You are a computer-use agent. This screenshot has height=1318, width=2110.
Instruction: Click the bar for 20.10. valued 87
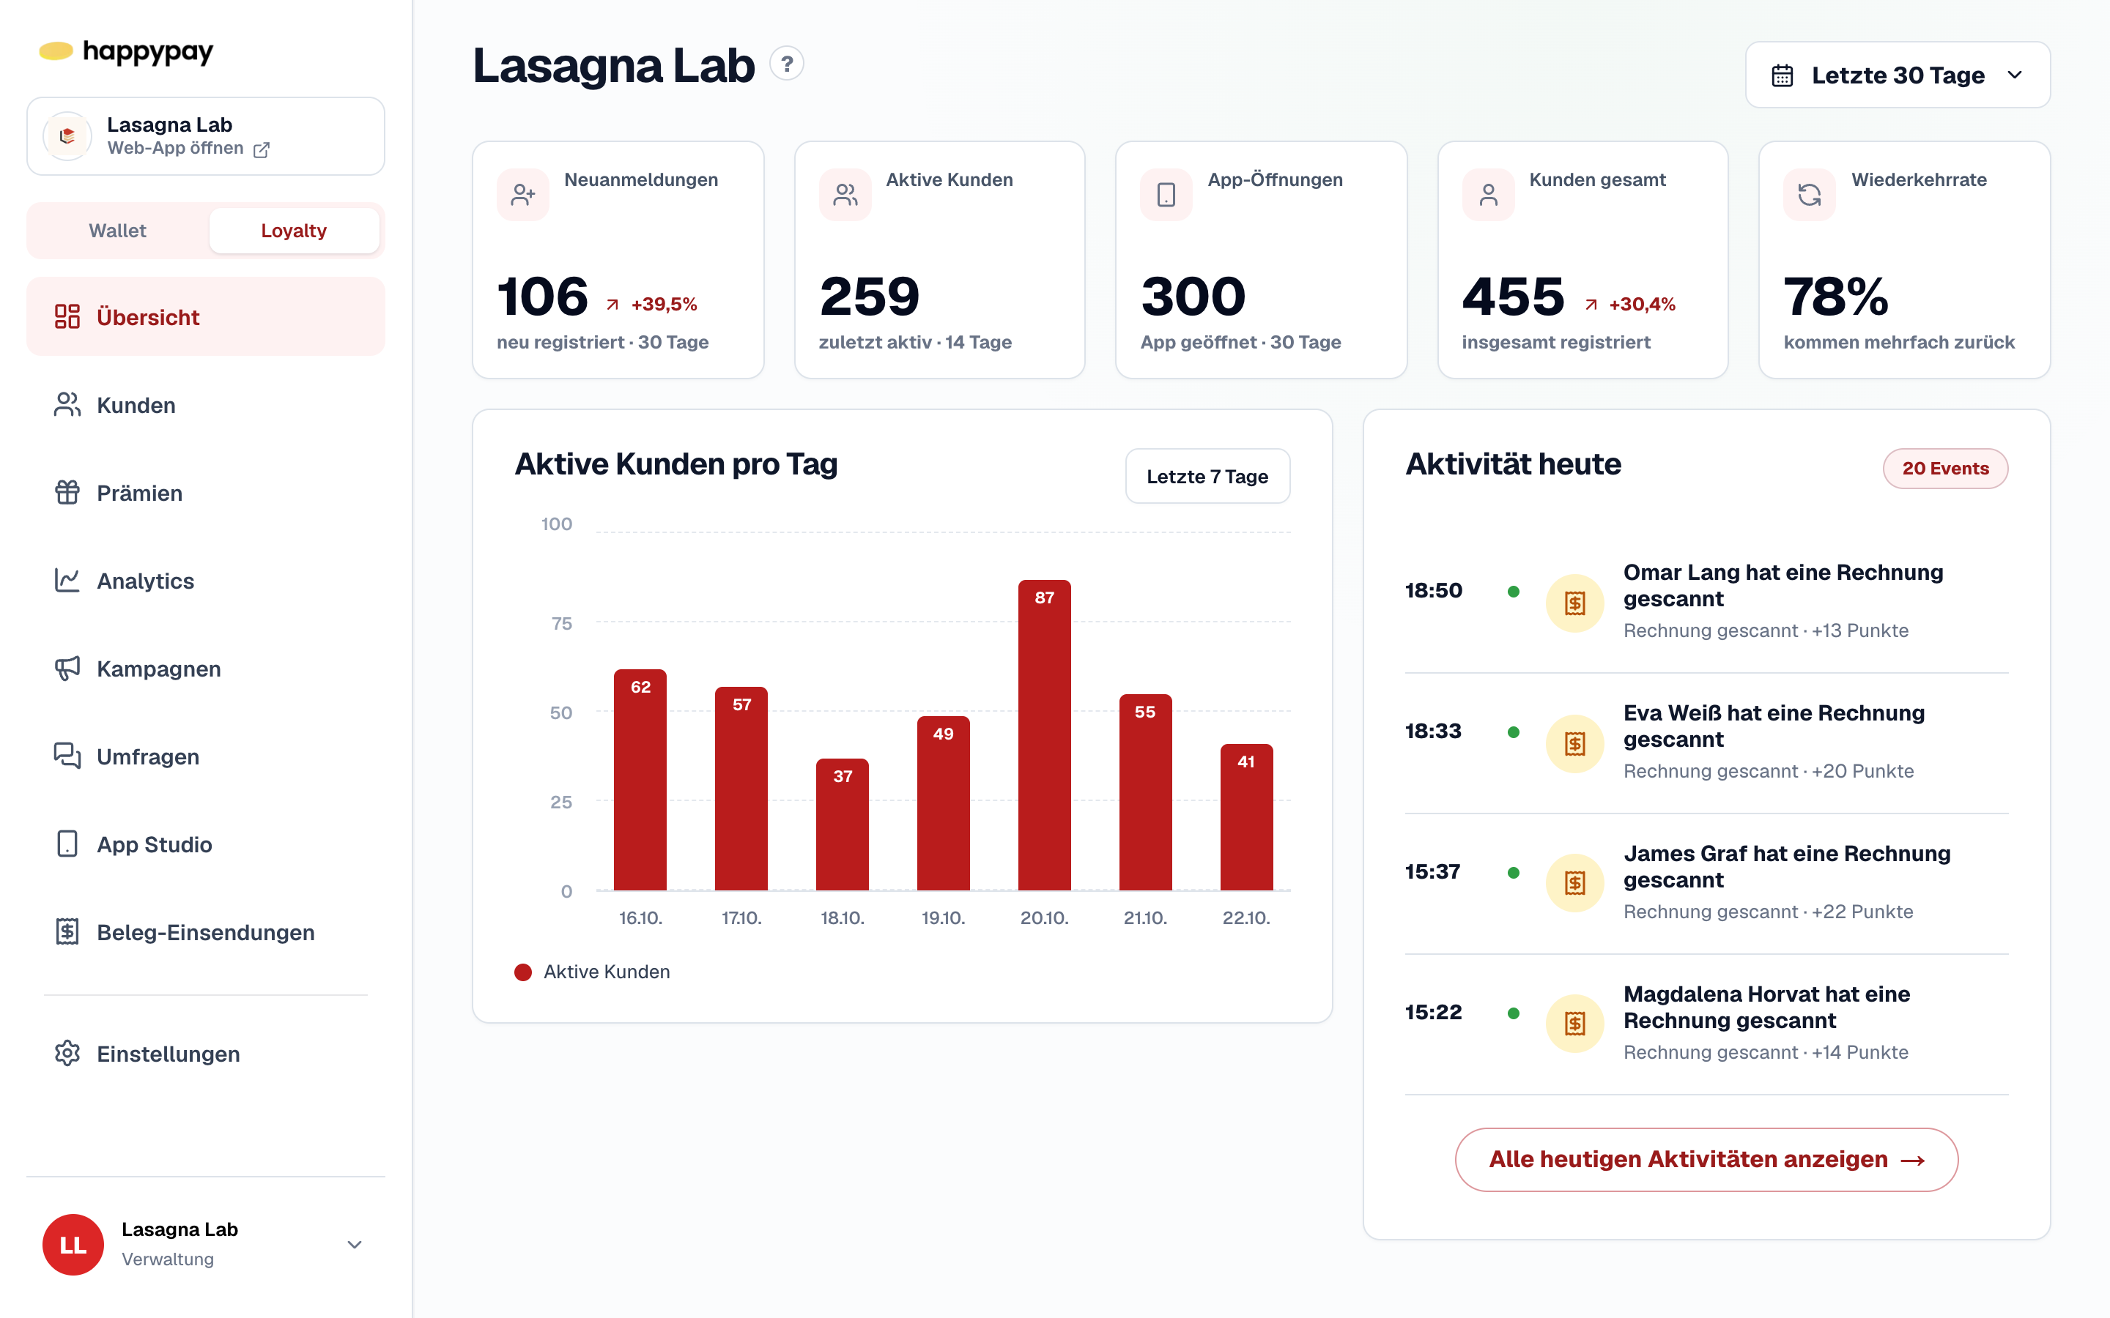[x=1044, y=735]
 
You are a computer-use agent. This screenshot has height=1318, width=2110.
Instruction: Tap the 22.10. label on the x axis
[x=1246, y=918]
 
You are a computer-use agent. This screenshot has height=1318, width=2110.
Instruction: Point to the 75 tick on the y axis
[x=561, y=623]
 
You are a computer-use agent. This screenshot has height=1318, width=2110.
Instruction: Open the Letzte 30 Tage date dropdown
[x=1898, y=75]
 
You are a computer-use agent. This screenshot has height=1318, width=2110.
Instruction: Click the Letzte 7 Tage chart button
[x=1207, y=476]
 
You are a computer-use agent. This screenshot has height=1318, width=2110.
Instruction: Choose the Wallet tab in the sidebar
[x=118, y=230]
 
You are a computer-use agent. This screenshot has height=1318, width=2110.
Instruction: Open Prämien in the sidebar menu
[x=139, y=494]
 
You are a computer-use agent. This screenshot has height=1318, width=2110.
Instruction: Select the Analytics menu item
[x=146, y=581]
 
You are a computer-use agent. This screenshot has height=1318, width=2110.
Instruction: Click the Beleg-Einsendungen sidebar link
[x=206, y=932]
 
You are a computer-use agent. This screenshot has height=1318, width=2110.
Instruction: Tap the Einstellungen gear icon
[x=67, y=1053]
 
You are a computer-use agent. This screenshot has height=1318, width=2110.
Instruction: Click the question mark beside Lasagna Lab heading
[x=786, y=64]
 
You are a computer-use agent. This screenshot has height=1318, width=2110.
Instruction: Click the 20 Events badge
[x=1945, y=468]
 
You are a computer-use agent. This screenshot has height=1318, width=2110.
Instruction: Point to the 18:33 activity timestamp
[x=1432, y=731]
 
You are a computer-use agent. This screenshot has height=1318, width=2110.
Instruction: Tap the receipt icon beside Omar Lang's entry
[x=1574, y=603]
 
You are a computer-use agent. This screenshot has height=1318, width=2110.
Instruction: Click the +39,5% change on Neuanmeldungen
[x=665, y=304]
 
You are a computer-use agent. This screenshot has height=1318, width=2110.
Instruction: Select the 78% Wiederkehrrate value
[x=1835, y=297]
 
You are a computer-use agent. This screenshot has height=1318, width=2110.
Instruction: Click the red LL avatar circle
[x=73, y=1245]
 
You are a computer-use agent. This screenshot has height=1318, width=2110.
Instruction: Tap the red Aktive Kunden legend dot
[x=523, y=972]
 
